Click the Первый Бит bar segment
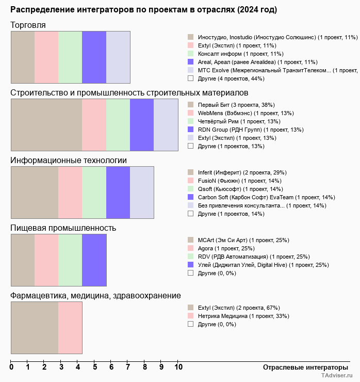(46, 125)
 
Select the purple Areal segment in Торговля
(94, 57)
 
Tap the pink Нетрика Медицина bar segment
(70, 328)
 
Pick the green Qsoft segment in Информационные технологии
(94, 193)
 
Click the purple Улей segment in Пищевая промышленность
(94, 260)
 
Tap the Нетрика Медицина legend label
(243, 316)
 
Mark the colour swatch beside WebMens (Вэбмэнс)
(191, 113)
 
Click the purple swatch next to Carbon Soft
(191, 197)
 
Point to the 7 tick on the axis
(127, 361)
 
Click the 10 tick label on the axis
(178, 367)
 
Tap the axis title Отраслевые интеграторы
(305, 368)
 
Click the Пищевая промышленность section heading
(63, 228)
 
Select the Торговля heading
(28, 25)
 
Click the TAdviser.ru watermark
(337, 375)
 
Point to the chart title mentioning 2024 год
(143, 10)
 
